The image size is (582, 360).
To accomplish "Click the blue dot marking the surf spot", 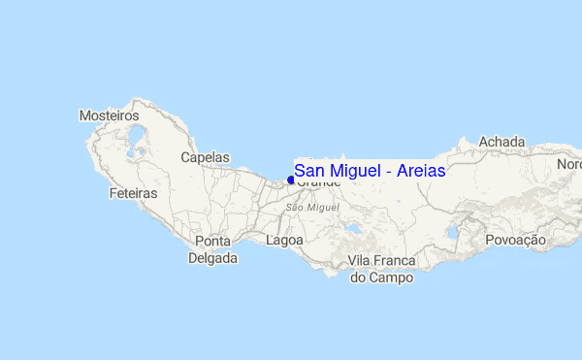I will pos(291,180).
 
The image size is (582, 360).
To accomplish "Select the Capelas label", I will pos(206,156).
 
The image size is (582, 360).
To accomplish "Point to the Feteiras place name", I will pos(134,194).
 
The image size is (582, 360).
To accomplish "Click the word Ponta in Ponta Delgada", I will pos(213,241).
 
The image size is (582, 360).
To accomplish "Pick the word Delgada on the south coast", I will pos(212,258).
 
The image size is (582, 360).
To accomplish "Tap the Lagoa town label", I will pos(284,240).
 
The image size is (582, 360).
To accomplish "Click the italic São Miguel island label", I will pos(312,208).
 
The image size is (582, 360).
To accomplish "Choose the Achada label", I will pos(501,142).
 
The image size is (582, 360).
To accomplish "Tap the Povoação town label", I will pos(515,240).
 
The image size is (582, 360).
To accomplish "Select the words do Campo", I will pos(381,278).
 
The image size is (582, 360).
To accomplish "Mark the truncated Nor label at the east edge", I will pos(568,165).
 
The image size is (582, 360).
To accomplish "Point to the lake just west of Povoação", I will pos(452,233).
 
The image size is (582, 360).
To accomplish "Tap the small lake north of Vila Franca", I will pos(353,230).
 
